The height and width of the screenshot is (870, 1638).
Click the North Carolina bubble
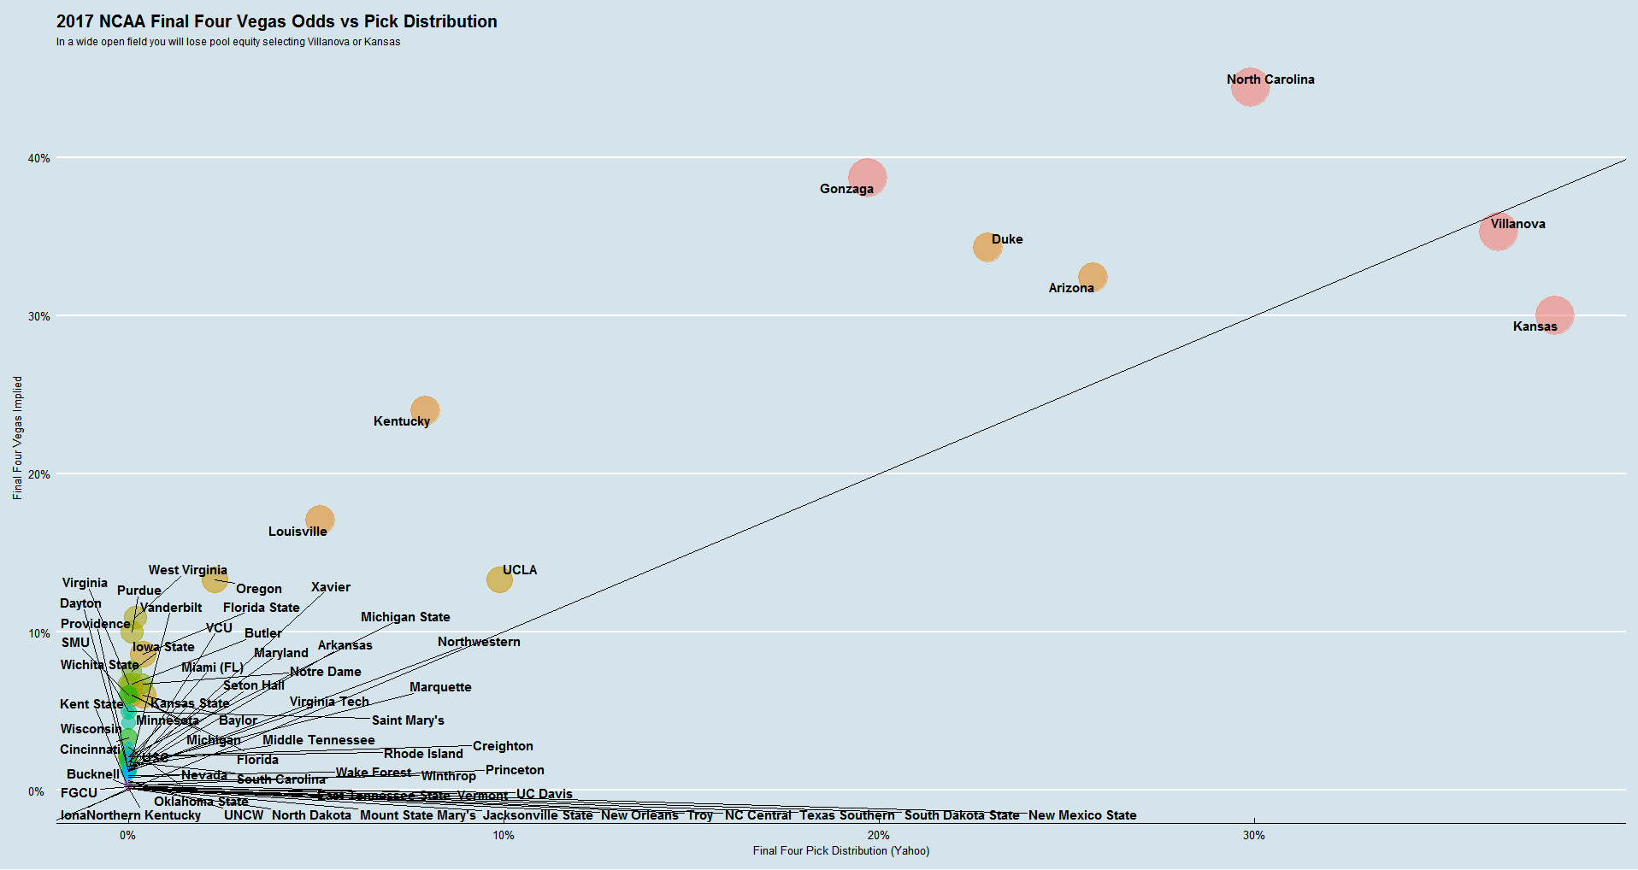(1250, 87)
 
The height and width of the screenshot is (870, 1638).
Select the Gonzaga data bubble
(867, 177)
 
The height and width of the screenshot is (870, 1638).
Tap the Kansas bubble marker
(1554, 314)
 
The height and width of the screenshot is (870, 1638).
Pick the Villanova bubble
(1498, 232)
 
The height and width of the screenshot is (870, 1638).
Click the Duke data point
(987, 247)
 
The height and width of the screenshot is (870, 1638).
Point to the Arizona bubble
(1092, 276)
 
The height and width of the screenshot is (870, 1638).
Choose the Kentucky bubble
(425, 410)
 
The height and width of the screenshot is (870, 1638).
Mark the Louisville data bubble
(320, 519)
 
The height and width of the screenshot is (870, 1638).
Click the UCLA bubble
(499, 579)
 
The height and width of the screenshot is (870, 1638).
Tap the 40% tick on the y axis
(39, 158)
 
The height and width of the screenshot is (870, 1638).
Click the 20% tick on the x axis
(878, 835)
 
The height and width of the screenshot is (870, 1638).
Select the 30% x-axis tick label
(1253, 835)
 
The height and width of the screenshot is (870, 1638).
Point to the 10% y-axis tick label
(39, 633)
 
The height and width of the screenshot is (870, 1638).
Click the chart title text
(276, 21)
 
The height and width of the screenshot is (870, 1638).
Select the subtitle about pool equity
(228, 42)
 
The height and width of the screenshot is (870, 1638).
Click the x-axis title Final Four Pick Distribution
(840, 850)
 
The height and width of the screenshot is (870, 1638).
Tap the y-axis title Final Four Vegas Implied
(17, 438)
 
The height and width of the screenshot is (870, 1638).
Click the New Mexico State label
(1082, 815)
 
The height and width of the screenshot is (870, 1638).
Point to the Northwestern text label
(479, 642)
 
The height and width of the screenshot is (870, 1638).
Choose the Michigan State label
(405, 617)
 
